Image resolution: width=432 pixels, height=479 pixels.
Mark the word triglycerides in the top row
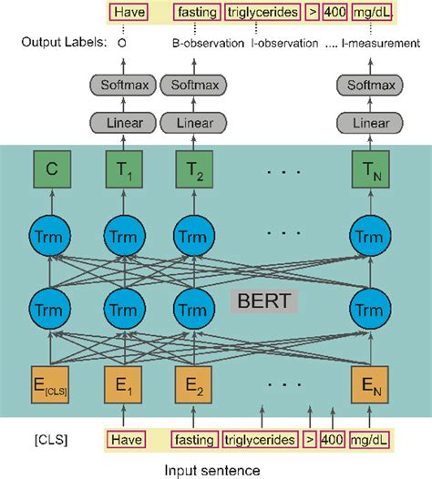pos(260,14)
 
